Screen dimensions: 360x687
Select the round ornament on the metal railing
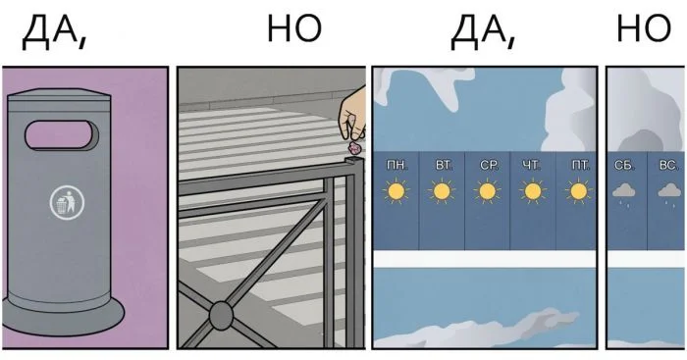coord(221,315)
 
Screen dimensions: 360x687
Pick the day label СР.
coord(489,165)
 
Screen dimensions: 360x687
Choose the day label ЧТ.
coord(533,165)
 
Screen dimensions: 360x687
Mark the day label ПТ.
coord(579,165)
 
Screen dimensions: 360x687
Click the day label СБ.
coord(624,165)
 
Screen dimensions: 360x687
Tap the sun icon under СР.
coord(489,192)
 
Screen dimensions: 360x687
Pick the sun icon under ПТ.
coord(579,192)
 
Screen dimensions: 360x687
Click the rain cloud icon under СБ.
coord(624,193)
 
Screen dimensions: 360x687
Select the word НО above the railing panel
coord(293,29)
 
